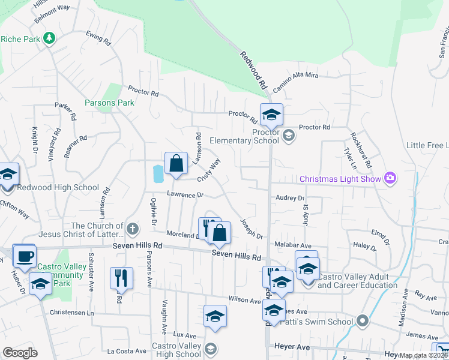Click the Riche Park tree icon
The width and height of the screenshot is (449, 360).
(x=49, y=39)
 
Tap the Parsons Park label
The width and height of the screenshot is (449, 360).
(x=109, y=103)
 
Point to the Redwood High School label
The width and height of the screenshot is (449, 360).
(x=58, y=187)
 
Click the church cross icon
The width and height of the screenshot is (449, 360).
(x=133, y=229)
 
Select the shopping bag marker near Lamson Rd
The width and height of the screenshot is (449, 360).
(x=176, y=164)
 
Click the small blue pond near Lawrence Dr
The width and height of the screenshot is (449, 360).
(x=158, y=175)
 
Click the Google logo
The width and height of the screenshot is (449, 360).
(x=20, y=353)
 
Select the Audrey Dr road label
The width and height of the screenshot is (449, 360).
(x=290, y=197)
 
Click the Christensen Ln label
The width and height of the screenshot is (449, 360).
(x=73, y=313)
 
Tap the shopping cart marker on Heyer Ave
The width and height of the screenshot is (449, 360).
(x=442, y=350)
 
